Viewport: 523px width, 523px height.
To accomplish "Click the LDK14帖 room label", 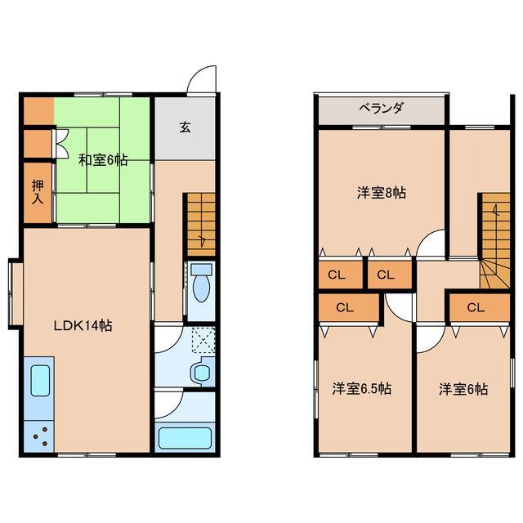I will [83, 325].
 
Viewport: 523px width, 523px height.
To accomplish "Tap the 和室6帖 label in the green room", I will [103, 159].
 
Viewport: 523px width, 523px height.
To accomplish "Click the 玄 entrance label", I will [186, 127].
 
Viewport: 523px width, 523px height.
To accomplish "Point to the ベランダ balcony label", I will [381, 109].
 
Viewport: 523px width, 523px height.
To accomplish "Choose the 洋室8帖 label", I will [382, 194].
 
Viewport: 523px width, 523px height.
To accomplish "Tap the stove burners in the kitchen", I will [38, 435].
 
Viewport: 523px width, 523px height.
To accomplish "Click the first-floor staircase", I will [201, 222].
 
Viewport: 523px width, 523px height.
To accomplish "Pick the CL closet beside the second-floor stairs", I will [476, 307].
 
